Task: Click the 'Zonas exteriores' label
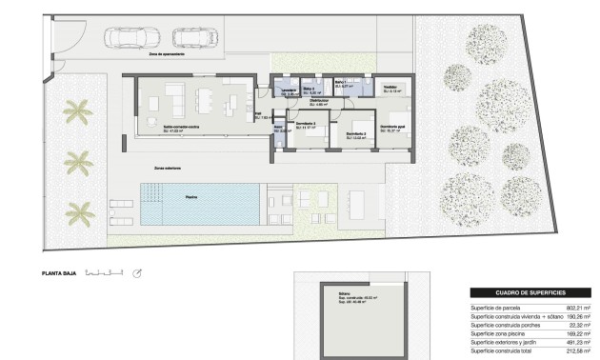(x=168, y=167)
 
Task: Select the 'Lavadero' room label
(x=289, y=91)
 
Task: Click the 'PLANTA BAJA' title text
(x=58, y=273)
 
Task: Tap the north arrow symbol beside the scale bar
(x=137, y=274)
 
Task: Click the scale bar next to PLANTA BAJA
(x=104, y=273)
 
